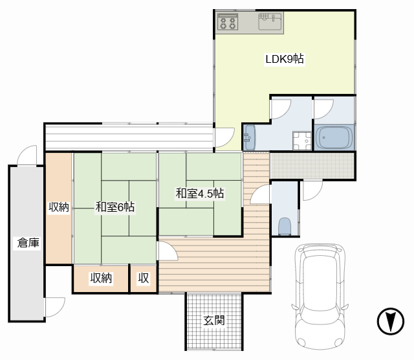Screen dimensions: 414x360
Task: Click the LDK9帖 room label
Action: [x=285, y=59]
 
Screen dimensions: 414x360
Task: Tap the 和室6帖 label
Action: [x=115, y=207]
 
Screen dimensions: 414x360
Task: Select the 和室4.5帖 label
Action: [x=200, y=193]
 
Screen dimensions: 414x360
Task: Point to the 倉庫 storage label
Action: [x=28, y=243]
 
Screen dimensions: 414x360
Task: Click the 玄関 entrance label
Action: [x=214, y=321]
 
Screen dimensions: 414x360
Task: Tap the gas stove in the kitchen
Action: [x=228, y=21]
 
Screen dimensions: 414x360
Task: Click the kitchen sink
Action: [x=270, y=21]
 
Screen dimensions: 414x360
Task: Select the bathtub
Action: [x=334, y=137]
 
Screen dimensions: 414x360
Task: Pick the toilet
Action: [x=285, y=226]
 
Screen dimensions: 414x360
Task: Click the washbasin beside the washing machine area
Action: [x=249, y=137]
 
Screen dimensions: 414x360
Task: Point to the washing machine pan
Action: [x=302, y=141]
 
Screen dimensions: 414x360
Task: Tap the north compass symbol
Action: [x=391, y=321]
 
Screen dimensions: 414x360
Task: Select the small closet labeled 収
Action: [x=144, y=278]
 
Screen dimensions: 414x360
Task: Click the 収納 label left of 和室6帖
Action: [x=59, y=207]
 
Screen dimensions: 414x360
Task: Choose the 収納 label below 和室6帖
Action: [x=101, y=278]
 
